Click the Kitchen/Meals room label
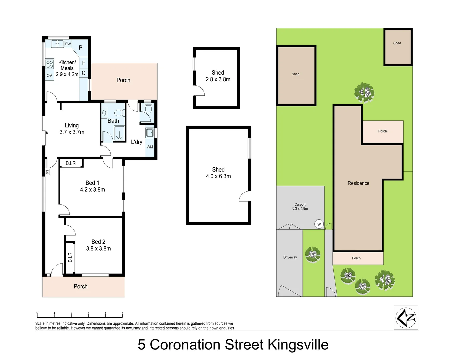[67, 65]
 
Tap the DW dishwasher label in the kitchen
[68, 44]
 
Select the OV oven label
[49, 76]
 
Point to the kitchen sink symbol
[57, 44]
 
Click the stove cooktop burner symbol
[50, 64]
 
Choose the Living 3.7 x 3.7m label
[72, 129]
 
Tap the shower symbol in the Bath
[119, 134]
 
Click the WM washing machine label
[150, 147]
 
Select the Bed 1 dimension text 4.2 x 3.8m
[92, 190]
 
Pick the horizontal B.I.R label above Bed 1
[71, 163]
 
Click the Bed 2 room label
[98, 242]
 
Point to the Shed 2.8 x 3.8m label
[218, 76]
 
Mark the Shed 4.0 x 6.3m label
[218, 173]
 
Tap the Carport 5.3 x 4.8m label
[300, 207]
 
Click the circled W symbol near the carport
[319, 224]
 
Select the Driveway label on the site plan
[290, 257]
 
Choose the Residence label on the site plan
[358, 183]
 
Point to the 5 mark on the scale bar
[122, 313]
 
